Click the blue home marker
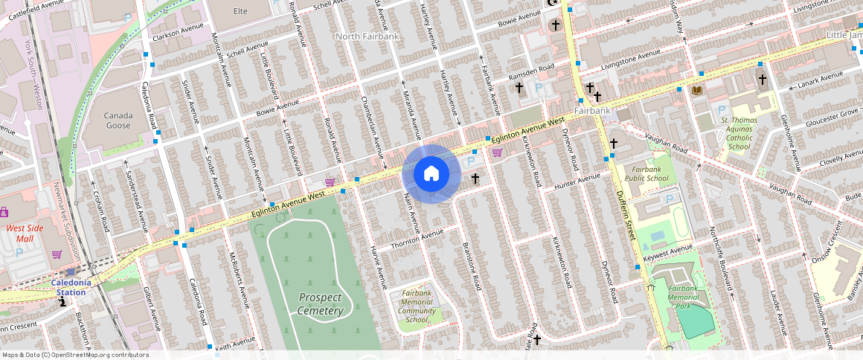tap(431, 174)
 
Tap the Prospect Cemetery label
tap(321, 303)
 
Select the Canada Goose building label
tap(118, 120)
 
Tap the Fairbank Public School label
tap(647, 173)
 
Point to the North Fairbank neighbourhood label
tap(367, 36)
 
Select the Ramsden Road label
tap(531, 70)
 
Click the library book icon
tap(697, 90)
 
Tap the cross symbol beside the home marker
tap(475, 179)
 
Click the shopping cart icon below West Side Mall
tap(57, 254)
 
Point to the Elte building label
tap(240, 11)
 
